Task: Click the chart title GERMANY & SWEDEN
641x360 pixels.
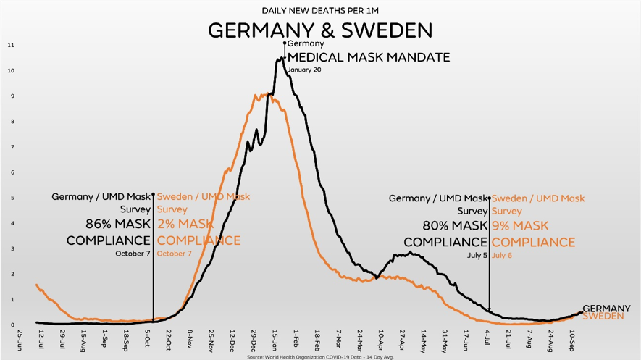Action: (x=320, y=30)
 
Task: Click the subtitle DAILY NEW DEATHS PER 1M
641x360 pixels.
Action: (x=320, y=11)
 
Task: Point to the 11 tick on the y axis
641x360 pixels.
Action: (x=11, y=46)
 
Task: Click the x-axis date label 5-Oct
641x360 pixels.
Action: (x=148, y=337)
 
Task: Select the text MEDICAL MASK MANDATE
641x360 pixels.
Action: (x=369, y=57)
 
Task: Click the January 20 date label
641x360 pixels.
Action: (x=304, y=70)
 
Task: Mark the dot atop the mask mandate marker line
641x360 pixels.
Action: (x=285, y=43)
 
